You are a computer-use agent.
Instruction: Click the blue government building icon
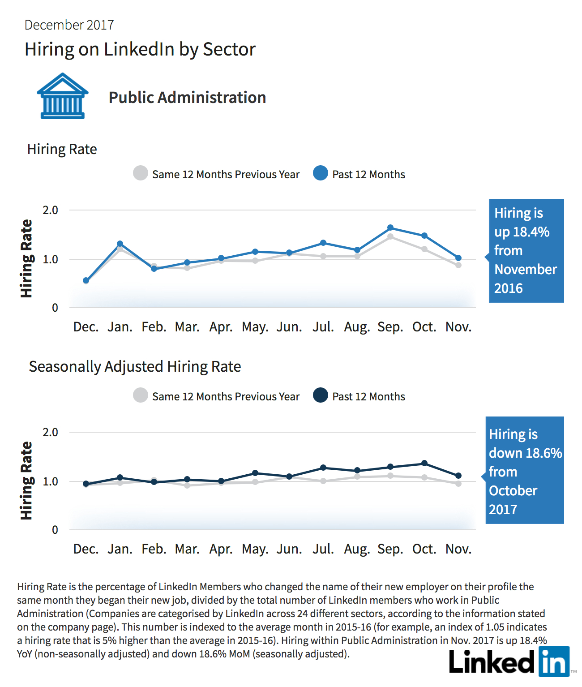(62, 96)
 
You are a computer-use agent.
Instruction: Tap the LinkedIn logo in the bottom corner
(509, 661)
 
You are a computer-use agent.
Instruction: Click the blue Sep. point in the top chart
(391, 228)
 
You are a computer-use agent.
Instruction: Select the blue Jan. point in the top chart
(120, 244)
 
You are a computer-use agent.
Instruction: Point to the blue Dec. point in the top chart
(86, 280)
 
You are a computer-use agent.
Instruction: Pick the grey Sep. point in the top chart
(391, 236)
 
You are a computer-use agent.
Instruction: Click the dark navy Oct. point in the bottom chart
(424, 463)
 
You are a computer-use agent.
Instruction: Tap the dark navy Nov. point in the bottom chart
(458, 476)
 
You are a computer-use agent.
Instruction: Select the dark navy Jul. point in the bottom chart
(323, 468)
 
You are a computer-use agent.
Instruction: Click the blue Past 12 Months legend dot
(321, 173)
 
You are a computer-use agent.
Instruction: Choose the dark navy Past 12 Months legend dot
(321, 395)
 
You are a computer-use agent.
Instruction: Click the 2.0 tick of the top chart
(50, 210)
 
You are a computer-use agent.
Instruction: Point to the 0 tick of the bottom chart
(55, 530)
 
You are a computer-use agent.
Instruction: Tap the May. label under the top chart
(255, 327)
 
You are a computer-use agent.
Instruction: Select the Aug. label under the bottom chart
(357, 550)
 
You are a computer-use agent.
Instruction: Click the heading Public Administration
(187, 97)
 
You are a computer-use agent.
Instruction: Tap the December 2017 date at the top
(69, 25)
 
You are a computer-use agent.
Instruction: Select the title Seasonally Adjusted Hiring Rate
(135, 367)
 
